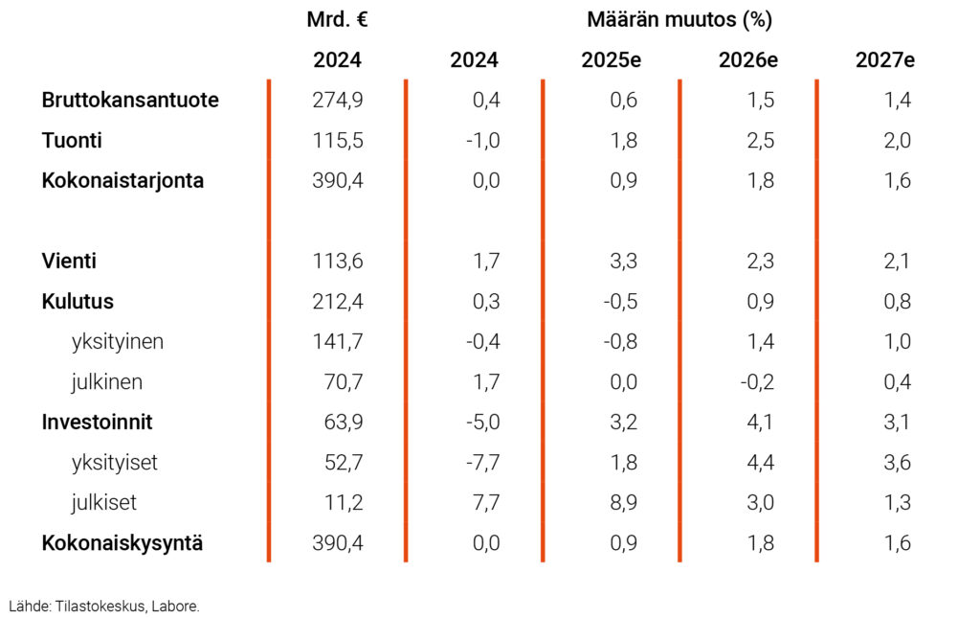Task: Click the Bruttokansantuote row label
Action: coord(130,100)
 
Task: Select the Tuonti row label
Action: coord(72,140)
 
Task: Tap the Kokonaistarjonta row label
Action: coord(122,180)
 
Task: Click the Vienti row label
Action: coord(69,261)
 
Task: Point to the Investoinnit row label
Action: coord(97,422)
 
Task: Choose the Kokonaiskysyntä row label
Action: coord(122,543)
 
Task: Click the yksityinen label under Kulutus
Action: coord(117,341)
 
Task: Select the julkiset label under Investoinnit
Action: coord(103,502)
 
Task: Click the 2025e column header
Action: coord(611,59)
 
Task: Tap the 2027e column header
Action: coord(884,59)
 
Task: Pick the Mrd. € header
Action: coord(337,19)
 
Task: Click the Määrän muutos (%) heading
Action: coord(679,19)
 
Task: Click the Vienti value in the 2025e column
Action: coord(623,261)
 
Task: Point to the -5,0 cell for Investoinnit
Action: coord(482,422)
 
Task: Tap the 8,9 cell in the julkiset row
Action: coord(623,502)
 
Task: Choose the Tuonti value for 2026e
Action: coord(761,140)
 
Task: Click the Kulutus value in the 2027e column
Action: coord(898,301)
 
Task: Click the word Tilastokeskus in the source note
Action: coord(99,606)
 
